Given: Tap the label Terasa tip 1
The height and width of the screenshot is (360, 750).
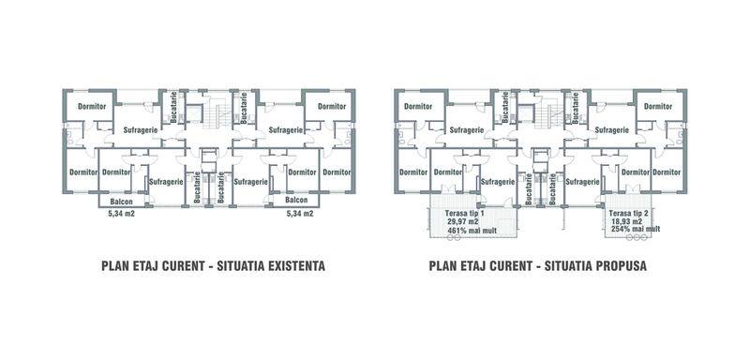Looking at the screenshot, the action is coord(464,213).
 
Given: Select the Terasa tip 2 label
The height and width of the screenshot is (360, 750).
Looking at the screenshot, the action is coord(629,213).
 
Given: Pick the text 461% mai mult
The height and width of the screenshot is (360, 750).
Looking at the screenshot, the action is coord(472,231).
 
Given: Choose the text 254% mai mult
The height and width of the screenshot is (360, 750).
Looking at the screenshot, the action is coord(636,230).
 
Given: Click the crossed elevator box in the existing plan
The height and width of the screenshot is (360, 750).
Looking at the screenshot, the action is coord(195,114).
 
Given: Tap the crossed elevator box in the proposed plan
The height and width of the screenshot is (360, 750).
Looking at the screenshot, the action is coord(526,114).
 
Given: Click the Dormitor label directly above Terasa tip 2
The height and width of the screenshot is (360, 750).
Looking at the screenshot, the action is coord(636,172).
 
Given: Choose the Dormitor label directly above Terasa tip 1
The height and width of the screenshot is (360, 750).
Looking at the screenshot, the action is coord(447,172).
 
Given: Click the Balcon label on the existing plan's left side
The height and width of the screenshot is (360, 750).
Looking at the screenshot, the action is coord(121,202).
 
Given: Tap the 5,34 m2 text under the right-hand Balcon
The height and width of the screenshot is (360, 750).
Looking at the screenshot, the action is coord(300,214).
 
